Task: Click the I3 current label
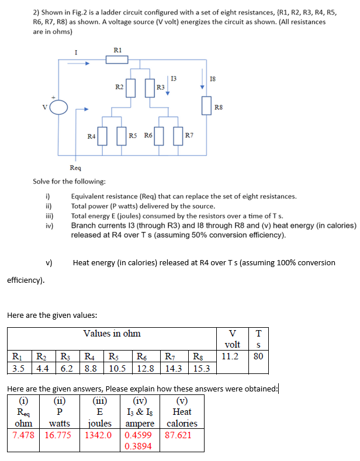174,78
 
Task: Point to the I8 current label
212,78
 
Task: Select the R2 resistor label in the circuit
119,87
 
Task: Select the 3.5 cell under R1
18,368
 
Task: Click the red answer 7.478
24,435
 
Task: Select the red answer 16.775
58,435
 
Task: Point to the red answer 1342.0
98,435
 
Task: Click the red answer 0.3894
138,446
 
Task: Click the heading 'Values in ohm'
112,334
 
